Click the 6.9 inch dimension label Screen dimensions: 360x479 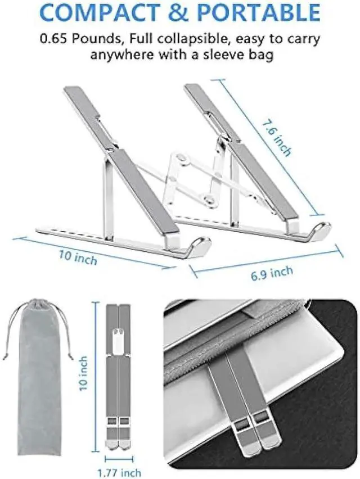[272, 273]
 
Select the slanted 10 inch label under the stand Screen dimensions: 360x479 [78, 257]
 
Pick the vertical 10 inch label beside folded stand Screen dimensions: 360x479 [83, 373]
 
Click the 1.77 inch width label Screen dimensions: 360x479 [119, 473]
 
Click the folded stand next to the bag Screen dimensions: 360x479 [118, 377]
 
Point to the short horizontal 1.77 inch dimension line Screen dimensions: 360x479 [119, 459]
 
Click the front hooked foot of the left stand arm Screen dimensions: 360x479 [199, 245]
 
